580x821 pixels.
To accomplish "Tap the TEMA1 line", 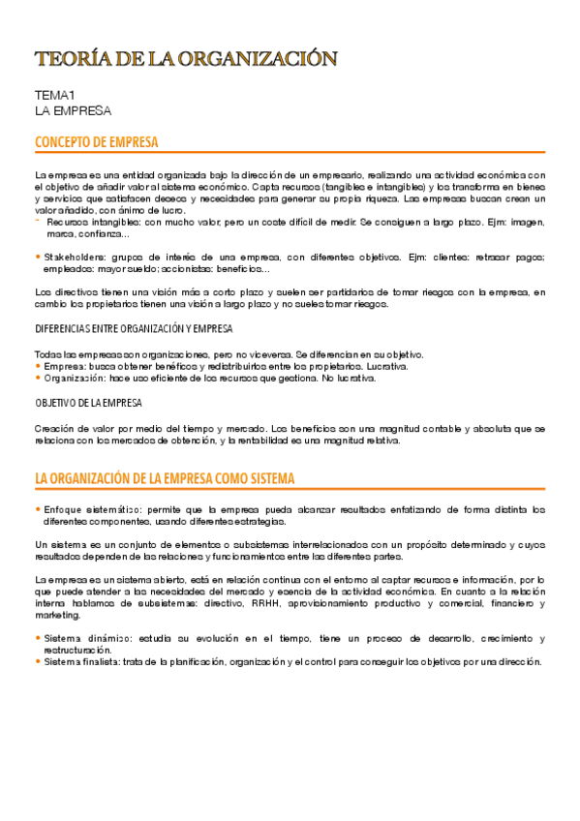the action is point(53,95).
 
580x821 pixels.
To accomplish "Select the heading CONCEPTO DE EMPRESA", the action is point(97,143).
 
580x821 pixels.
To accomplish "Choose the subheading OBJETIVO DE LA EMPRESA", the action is point(88,403).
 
